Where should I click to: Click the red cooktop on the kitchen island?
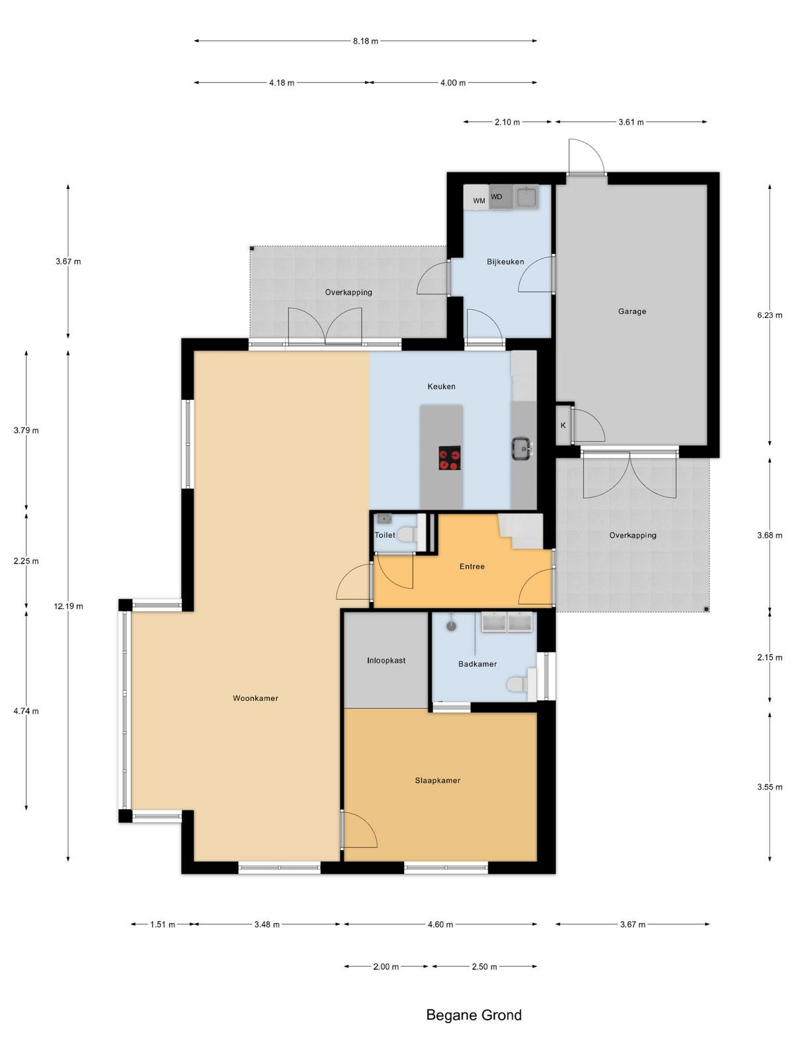450,458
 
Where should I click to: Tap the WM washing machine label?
479,201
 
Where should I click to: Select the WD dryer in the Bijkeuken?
501,197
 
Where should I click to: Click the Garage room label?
631,311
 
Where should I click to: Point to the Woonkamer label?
255,698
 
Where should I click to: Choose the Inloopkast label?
386,660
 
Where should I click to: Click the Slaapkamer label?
437,780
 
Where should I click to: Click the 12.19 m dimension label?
68,606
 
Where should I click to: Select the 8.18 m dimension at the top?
365,41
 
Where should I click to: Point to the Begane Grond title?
474,1015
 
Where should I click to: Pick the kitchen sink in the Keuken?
523,448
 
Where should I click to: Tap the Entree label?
472,566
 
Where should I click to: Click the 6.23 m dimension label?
769,315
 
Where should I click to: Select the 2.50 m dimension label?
484,967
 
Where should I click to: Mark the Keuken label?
441,386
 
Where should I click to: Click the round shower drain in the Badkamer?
452,626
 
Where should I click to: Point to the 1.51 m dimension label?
163,924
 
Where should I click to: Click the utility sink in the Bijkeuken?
526,197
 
